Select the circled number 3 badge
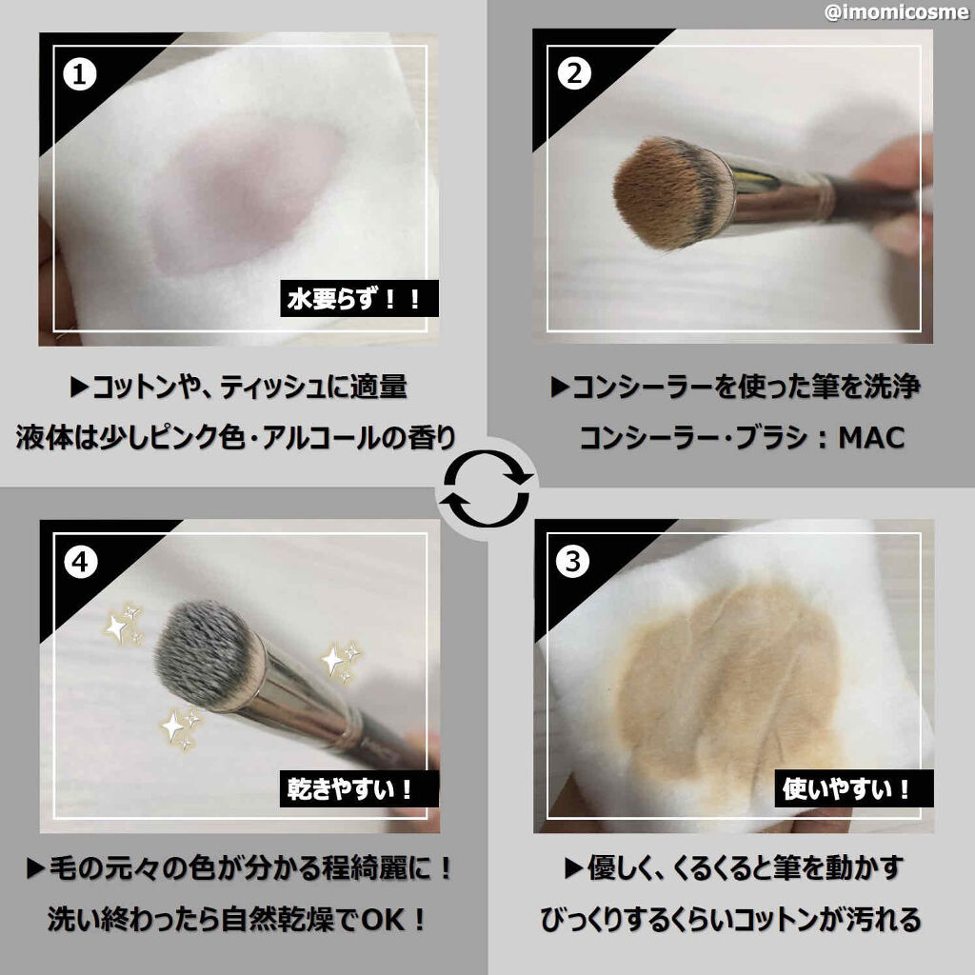coord(572,563)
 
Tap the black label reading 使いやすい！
coord(846,787)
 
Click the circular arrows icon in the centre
coord(487,488)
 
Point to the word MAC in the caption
coord(871,437)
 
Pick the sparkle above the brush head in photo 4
coord(122,624)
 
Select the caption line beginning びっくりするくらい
coord(730,920)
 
